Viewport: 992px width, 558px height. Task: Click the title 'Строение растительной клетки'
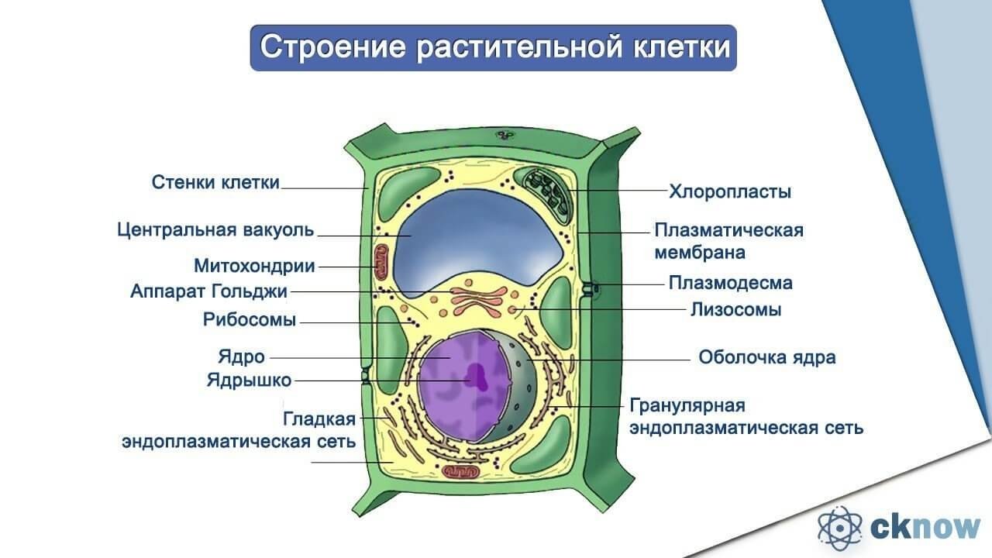click(x=494, y=47)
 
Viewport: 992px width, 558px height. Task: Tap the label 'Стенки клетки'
click(x=215, y=182)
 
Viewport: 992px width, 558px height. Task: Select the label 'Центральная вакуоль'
click(x=215, y=230)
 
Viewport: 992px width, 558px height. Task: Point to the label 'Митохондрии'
click(x=255, y=266)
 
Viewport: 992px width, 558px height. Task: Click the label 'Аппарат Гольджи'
click(x=209, y=292)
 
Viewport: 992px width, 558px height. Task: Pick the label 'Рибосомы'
click(x=250, y=320)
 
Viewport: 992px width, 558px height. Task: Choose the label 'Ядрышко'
click(x=250, y=381)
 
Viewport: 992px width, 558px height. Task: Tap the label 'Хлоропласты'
click(x=730, y=192)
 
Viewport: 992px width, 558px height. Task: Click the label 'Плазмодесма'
click(x=731, y=283)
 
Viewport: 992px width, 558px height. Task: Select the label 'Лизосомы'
click(x=736, y=310)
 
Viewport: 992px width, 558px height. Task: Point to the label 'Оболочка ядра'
click(x=767, y=357)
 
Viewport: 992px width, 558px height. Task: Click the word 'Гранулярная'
click(x=687, y=405)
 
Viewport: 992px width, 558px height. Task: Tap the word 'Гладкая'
click(x=319, y=419)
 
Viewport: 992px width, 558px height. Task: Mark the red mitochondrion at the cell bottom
click(x=461, y=472)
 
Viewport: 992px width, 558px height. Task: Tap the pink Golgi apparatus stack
click(x=478, y=301)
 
